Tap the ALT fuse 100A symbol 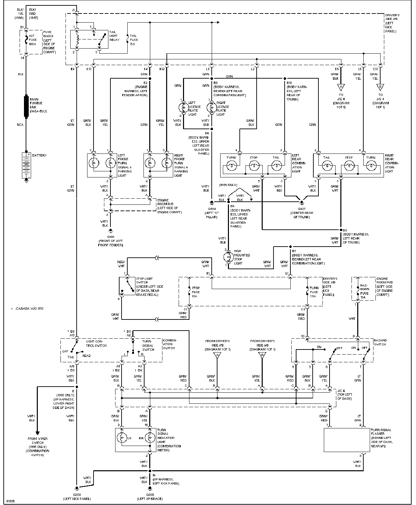(x=26, y=40)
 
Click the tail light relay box (x=89, y=39)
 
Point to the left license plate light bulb (x=183, y=107)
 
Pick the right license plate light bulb (x=211, y=107)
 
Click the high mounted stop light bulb (x=228, y=257)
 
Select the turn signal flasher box (x=346, y=440)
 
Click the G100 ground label (x=110, y=237)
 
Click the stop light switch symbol (x=127, y=286)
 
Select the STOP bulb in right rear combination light (x=349, y=166)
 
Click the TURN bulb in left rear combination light (x=231, y=166)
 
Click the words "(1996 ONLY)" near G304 (x=228, y=185)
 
